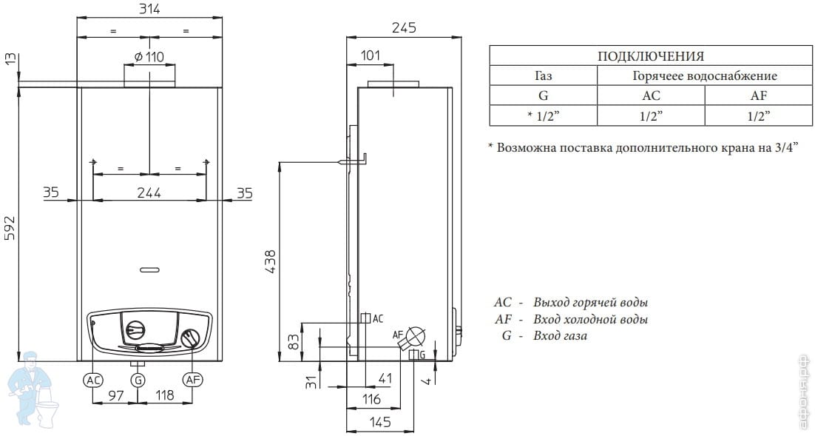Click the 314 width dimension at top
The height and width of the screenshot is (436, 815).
pos(149,9)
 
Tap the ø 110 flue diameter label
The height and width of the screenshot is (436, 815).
pos(149,57)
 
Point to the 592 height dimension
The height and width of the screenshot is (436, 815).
pos(10,227)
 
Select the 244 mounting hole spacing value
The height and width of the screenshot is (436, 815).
pos(149,192)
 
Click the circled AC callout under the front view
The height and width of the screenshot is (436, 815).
pos(94,380)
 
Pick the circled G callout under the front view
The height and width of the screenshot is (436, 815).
pos(138,380)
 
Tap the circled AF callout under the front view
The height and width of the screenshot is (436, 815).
pos(192,380)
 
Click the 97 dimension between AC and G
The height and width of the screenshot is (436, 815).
pos(116,395)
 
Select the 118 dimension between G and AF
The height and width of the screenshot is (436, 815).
pos(165,395)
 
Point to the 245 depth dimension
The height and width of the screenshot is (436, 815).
pos(404,27)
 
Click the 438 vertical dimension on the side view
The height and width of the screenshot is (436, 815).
pos(271,262)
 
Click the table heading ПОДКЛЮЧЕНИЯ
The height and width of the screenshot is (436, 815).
pos(651,56)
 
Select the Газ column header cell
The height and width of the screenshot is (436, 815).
pos(543,76)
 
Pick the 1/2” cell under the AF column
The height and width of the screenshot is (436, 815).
pos(759,116)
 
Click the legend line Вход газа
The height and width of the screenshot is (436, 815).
pos(561,335)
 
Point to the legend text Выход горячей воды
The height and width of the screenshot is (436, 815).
pos(591,302)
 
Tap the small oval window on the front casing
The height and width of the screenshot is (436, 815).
pos(150,269)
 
